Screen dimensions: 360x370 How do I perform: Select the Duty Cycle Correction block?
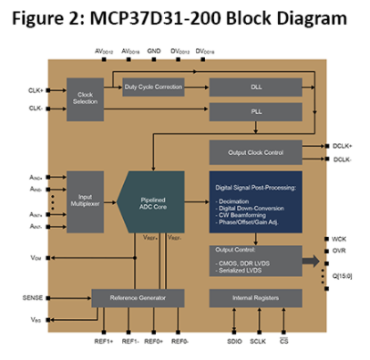152,87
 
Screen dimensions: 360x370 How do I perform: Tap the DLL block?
255,87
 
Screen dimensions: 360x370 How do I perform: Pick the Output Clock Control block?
255,151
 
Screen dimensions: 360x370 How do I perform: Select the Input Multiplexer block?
85,201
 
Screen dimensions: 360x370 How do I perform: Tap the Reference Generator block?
137,298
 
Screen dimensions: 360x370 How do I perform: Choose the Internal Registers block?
255,298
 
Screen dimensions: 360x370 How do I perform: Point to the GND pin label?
154,52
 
